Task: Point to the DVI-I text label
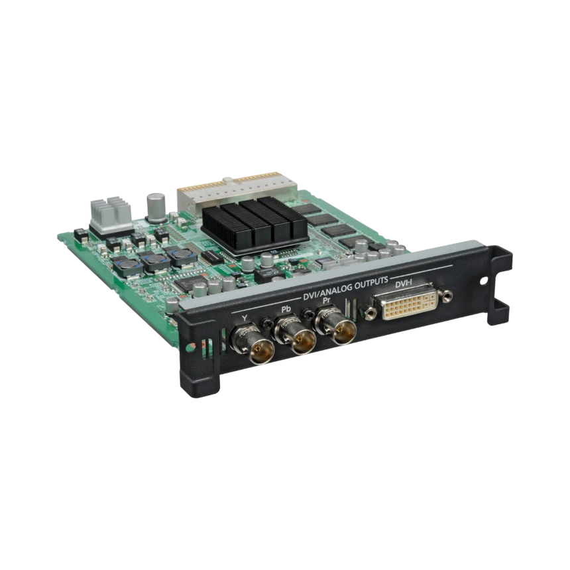(403, 284)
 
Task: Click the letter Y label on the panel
(246, 318)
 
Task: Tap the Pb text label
(287, 309)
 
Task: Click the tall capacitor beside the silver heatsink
(156, 207)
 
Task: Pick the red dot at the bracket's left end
(192, 347)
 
